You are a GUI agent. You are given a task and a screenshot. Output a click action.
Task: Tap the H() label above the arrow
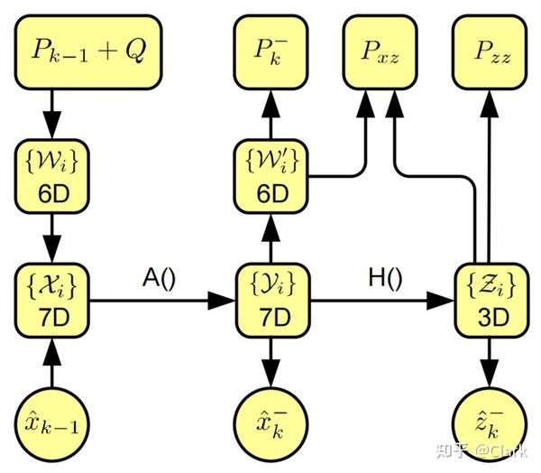381,278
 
